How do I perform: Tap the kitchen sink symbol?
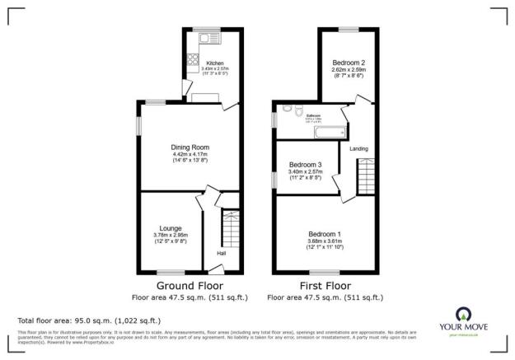[204, 37]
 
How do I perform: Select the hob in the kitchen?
[192, 58]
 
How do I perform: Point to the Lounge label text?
[171, 228]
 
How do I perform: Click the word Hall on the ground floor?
[222, 253]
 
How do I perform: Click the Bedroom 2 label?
[349, 63]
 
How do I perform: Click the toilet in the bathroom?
[286, 109]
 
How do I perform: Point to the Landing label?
[359, 149]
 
